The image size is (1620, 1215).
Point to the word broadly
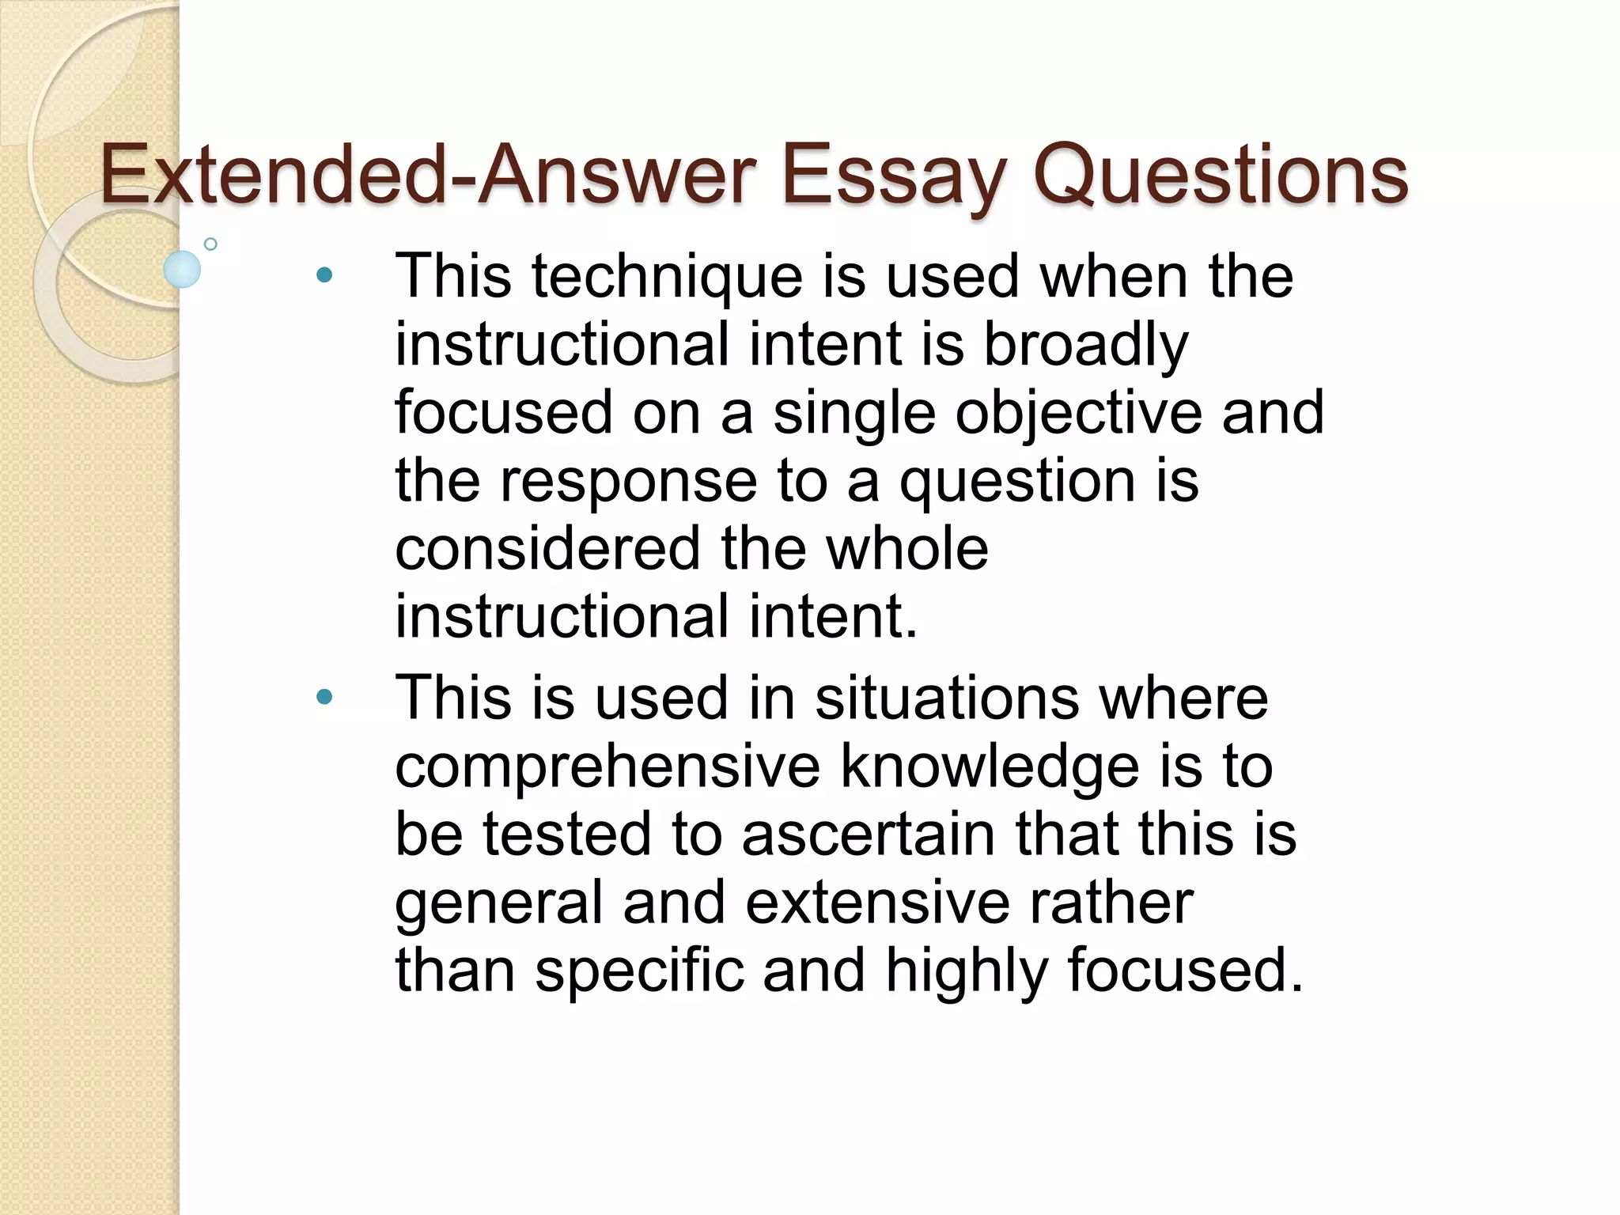point(1085,345)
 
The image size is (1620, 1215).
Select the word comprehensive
point(607,766)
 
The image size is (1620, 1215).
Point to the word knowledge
point(989,766)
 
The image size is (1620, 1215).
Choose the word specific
point(640,971)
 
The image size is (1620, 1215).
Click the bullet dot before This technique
point(324,275)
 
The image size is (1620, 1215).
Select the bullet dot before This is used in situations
point(324,697)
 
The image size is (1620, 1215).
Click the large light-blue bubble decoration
point(182,269)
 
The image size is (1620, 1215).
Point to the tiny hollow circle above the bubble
point(210,244)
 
